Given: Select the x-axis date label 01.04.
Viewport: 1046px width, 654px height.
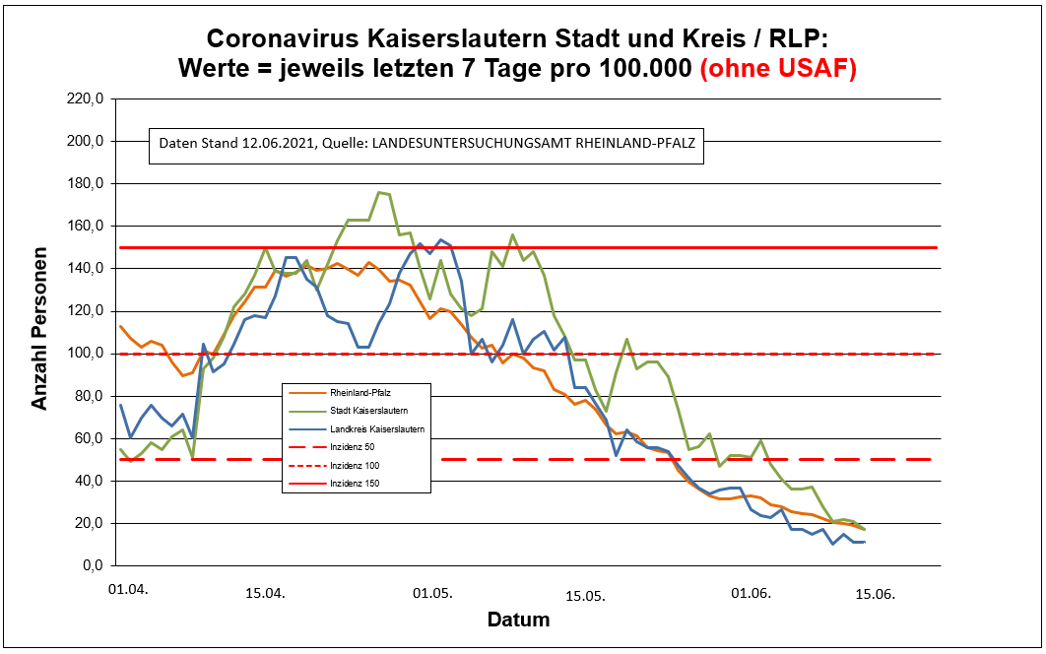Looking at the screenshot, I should point(128,589).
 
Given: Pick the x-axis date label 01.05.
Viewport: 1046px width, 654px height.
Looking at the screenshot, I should point(432,594).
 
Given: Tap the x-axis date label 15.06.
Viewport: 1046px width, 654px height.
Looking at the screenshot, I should point(874,594).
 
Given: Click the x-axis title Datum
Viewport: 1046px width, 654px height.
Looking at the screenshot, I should point(518,621).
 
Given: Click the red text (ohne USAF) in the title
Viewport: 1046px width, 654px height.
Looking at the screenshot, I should point(778,70).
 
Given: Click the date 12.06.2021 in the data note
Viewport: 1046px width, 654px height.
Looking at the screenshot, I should point(277,144).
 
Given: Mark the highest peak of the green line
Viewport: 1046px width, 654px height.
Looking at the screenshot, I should point(379,192).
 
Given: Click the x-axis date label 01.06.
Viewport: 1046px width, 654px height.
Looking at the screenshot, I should point(751,594).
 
